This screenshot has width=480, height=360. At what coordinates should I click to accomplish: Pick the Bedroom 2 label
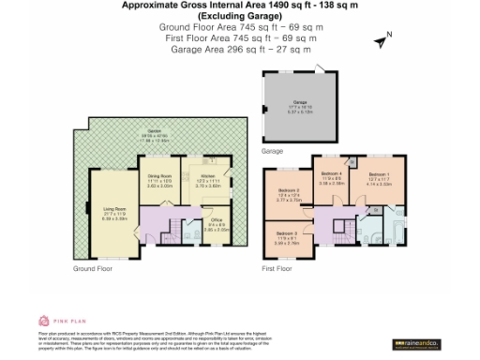290,196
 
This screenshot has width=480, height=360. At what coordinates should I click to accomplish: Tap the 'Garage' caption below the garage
272,150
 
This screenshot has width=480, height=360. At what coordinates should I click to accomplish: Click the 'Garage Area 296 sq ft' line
241,49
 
